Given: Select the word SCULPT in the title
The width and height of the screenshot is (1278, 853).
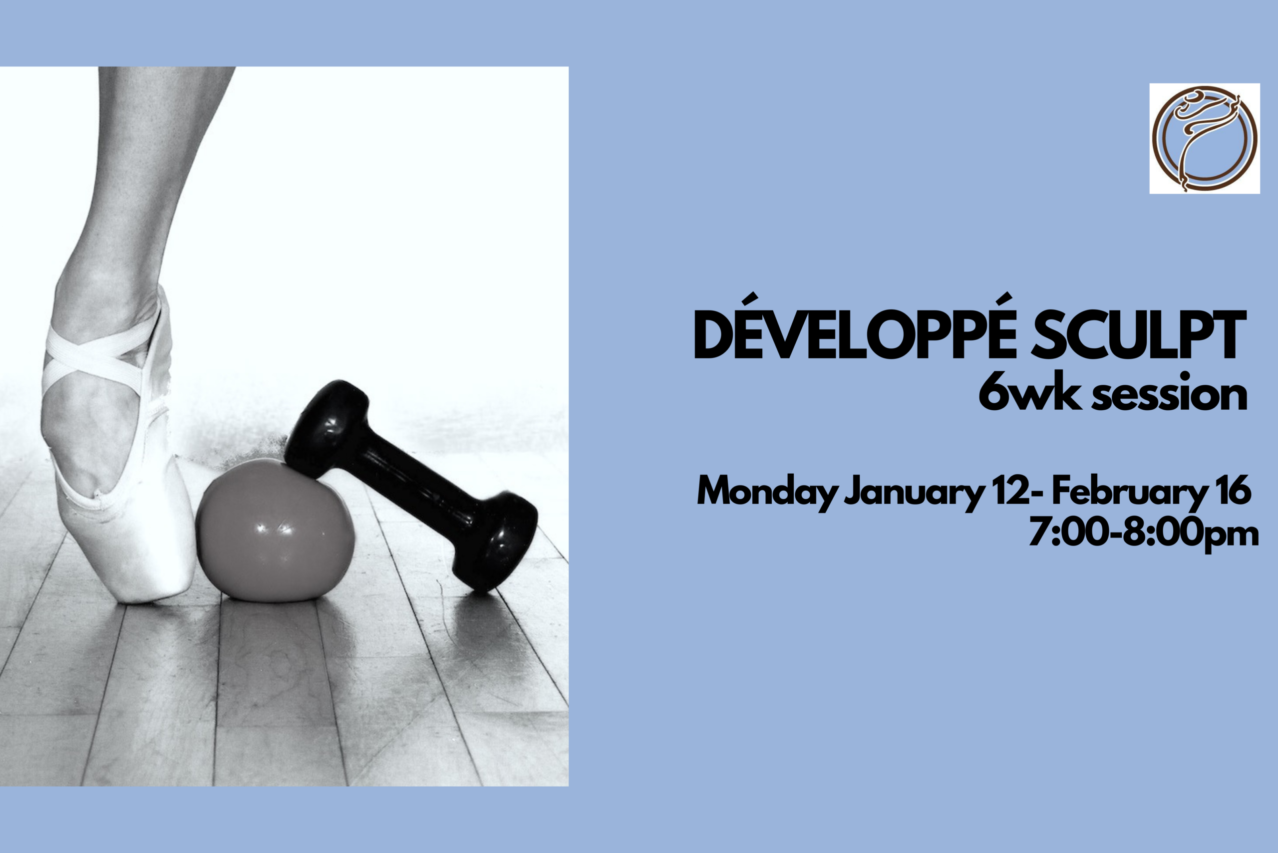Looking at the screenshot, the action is click(1139, 334).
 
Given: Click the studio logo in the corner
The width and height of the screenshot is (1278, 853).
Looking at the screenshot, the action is click(1205, 138).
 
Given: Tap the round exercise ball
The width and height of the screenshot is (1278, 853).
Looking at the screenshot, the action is click(275, 531).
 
